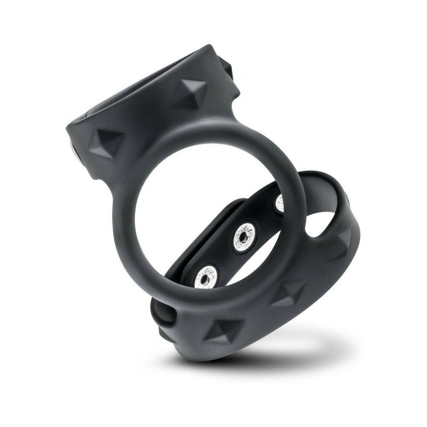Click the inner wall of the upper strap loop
(141, 85)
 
